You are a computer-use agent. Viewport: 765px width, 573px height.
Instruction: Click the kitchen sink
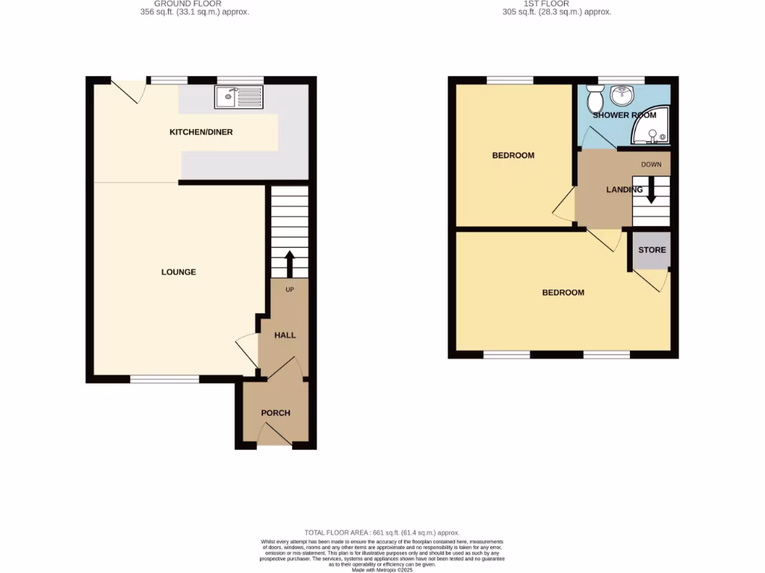[239, 96]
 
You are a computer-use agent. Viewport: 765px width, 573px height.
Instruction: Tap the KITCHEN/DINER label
[201, 132]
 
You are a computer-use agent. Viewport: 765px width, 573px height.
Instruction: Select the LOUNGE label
[179, 272]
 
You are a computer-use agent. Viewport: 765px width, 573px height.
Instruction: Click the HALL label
[285, 335]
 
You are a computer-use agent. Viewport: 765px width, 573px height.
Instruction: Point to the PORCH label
[275, 413]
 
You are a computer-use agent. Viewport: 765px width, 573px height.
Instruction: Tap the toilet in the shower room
[595, 98]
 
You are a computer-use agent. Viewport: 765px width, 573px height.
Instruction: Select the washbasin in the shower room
[621, 95]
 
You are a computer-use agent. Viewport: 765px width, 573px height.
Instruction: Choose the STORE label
[651, 250]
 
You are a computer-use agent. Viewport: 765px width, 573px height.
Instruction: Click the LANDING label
[624, 190]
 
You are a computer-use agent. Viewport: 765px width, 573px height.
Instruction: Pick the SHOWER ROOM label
[624, 116]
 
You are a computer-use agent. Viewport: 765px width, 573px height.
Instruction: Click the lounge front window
[164, 379]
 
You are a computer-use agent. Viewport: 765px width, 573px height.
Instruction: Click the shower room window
[621, 80]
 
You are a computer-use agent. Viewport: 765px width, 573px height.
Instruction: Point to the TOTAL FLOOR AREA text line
[382, 533]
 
